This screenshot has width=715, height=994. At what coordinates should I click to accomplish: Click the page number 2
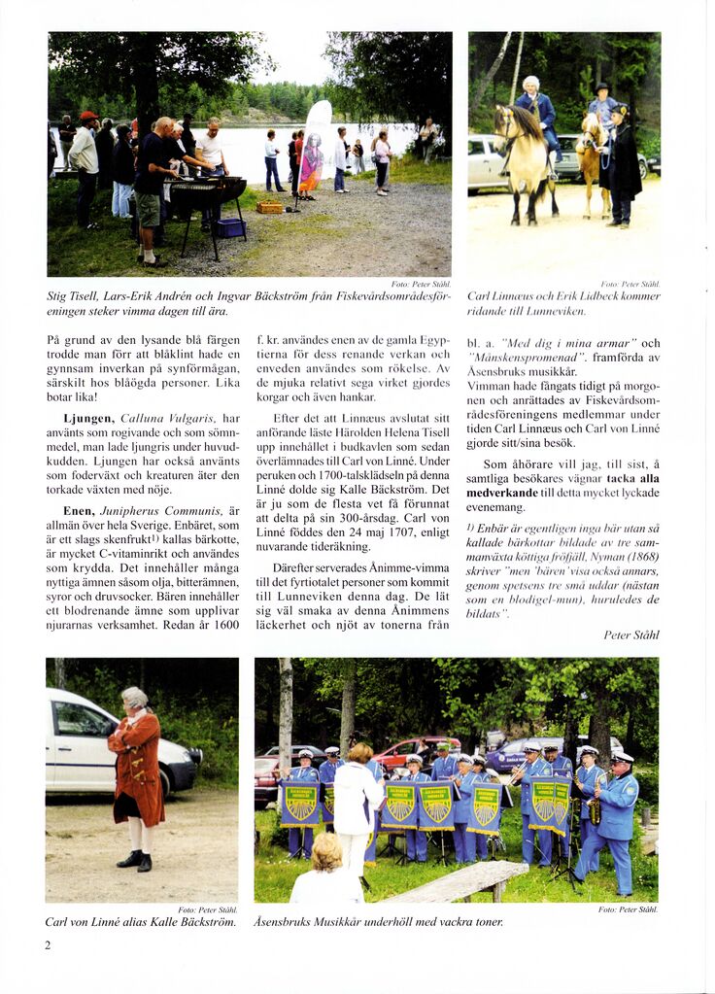point(48,944)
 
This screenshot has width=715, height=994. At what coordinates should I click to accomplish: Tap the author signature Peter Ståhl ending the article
point(630,634)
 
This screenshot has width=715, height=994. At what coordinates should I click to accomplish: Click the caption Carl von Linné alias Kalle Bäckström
point(141,922)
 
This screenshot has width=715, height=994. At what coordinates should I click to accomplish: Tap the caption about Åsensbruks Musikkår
point(379,922)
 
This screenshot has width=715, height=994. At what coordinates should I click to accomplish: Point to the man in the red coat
point(136,776)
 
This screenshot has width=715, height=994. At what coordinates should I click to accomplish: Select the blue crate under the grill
point(230,228)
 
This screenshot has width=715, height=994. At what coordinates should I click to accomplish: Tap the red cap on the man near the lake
point(89,117)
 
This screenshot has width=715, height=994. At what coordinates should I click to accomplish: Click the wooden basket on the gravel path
point(270,207)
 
